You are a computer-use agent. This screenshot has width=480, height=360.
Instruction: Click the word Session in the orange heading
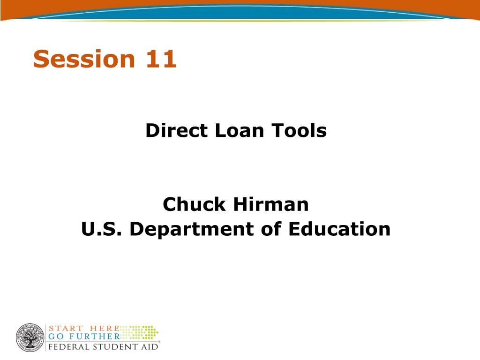pos(84,59)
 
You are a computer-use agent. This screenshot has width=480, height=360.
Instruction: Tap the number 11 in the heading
pos(161,59)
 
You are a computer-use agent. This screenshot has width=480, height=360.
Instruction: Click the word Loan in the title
pos(240,130)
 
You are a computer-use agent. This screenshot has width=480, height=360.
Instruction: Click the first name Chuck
pos(194,204)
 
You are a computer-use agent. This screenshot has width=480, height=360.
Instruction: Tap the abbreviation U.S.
pos(101,229)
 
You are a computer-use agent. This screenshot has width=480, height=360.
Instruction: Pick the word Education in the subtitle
pos(339,229)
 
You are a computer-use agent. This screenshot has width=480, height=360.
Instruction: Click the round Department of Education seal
pos(30,337)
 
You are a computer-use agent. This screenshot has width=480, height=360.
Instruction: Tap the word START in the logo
pos(66,329)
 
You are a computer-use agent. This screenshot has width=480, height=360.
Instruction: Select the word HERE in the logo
pos(105,329)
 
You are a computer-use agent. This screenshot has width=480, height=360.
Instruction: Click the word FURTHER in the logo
pos(94,337)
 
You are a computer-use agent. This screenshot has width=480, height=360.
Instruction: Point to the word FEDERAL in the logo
pos(68,347)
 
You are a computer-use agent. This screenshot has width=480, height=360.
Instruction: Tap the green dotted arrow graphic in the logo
pos(139,332)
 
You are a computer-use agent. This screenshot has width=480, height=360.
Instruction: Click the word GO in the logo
pos(56,337)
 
